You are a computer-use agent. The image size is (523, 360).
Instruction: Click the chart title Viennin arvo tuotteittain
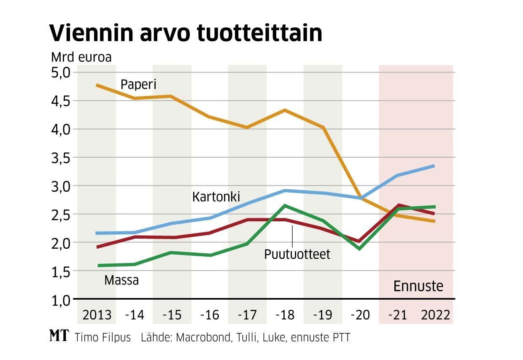pyautogui.click(x=186, y=32)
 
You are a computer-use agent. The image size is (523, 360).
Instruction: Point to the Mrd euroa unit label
pyautogui.click(x=81, y=57)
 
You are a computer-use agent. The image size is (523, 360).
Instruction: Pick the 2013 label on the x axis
pyautogui.click(x=97, y=315)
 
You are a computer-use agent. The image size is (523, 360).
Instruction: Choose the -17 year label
pyautogui.click(x=248, y=315)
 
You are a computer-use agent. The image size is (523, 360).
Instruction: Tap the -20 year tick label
pyautogui.click(x=361, y=315)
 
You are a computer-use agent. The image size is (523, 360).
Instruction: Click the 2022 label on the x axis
pyautogui.click(x=436, y=315)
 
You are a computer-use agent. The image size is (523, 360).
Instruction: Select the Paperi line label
pyautogui.click(x=138, y=84)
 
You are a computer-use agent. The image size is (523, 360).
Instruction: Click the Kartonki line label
pyautogui.click(x=216, y=196)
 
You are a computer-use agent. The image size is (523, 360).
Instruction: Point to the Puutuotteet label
pyautogui.click(x=297, y=254)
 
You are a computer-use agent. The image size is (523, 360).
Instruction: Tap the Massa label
pyautogui.click(x=121, y=280)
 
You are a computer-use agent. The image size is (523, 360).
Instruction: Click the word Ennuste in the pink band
pyautogui.click(x=418, y=286)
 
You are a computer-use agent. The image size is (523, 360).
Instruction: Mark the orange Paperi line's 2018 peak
pyautogui.click(x=285, y=110)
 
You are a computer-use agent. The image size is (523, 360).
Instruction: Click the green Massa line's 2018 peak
pyautogui.click(x=285, y=206)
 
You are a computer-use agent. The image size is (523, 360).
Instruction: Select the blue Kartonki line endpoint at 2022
pyautogui.click(x=434, y=166)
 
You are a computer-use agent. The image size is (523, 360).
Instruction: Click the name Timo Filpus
pyautogui.click(x=102, y=337)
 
